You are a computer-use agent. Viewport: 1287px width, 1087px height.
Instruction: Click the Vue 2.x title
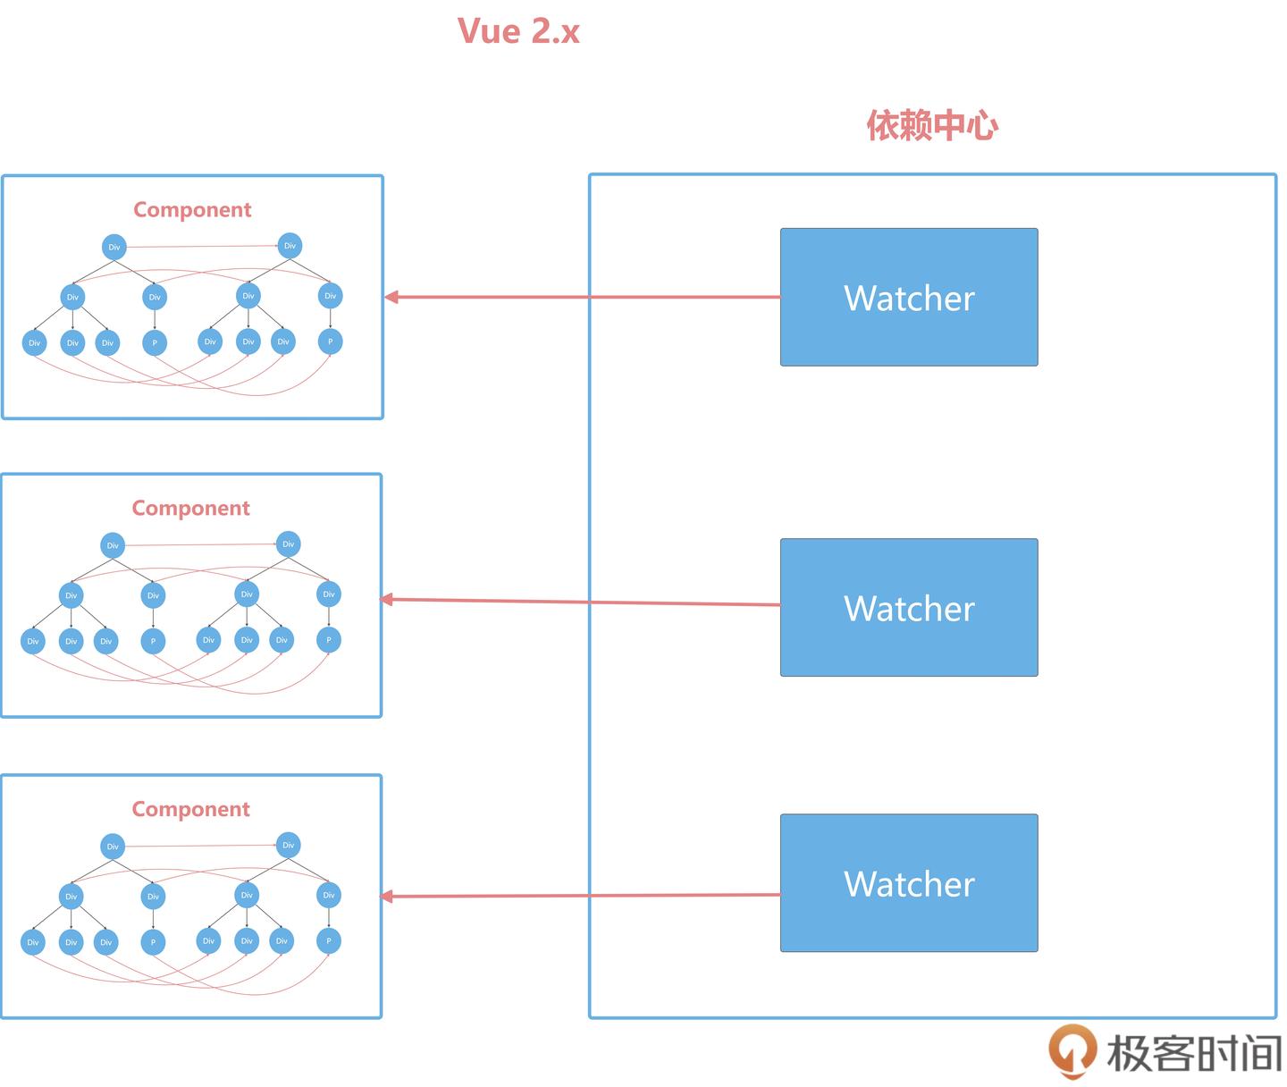pos(518,31)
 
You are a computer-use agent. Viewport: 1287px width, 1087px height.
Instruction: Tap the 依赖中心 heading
pos(932,125)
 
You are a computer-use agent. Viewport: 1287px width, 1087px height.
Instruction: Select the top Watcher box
pos(909,297)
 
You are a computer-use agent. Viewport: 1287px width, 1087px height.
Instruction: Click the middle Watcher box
pos(909,607)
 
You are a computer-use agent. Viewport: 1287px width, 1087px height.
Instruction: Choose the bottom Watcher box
pos(909,882)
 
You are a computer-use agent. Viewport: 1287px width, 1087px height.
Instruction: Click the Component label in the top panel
pos(192,209)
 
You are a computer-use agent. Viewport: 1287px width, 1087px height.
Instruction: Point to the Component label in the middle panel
pos(190,508)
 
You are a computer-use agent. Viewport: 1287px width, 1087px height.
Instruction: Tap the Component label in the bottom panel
pos(190,809)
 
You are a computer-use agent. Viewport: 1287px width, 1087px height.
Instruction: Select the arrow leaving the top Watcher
pos(581,297)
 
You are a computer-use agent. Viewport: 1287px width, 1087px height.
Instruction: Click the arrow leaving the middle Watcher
pos(581,602)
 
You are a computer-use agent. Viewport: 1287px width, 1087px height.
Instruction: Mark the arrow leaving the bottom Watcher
pos(581,895)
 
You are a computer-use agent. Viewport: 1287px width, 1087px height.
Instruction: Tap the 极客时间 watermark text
pos(1194,1053)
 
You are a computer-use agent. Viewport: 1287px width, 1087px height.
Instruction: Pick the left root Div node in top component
pos(114,247)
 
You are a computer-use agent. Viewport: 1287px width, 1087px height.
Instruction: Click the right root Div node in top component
pos(290,246)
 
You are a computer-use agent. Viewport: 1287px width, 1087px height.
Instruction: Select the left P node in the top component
pos(155,342)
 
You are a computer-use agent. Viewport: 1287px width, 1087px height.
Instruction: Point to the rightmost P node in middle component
pos(329,640)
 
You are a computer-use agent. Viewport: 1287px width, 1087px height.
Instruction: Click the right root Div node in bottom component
pos(288,845)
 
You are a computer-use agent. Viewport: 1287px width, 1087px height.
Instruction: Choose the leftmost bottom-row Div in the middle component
pos(33,641)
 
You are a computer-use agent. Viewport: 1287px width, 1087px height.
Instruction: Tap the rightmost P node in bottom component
pos(329,940)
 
